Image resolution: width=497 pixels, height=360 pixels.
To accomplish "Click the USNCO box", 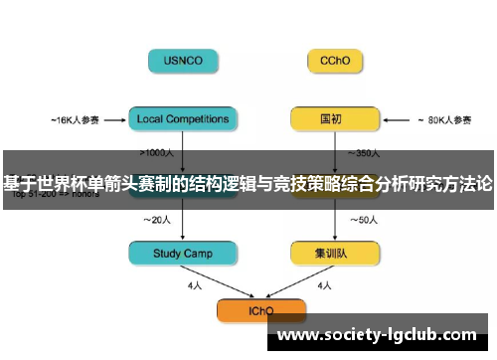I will [183, 61].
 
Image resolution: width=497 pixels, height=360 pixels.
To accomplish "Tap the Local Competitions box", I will [183, 119].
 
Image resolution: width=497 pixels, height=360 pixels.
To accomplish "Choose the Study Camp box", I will [183, 254].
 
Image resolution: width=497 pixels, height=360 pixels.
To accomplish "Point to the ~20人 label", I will [158, 219].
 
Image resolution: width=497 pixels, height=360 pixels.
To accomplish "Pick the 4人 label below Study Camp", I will [195, 285].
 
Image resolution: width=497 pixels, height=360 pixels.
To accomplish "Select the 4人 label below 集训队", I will [323, 285].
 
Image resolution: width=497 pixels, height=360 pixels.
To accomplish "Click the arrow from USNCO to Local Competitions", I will [183, 90].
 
